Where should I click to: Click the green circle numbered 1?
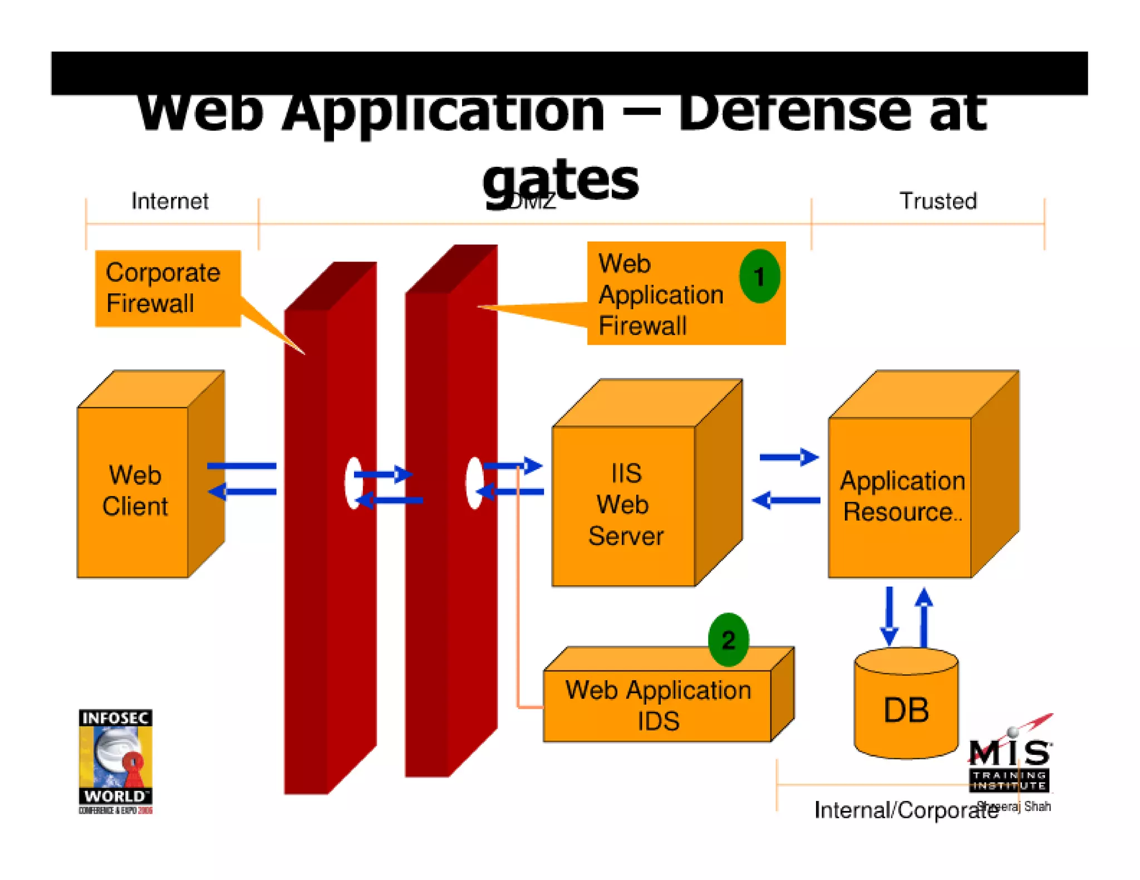coord(759,276)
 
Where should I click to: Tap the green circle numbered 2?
coord(728,640)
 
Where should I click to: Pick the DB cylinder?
coord(906,709)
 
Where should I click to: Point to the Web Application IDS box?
coord(658,705)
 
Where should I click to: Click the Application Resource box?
coord(901,496)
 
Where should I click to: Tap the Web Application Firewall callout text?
coord(661,294)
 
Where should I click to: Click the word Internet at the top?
coord(170,201)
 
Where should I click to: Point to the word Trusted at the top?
coord(938,201)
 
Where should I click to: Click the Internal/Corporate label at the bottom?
coord(906,810)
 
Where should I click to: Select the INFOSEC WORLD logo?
coord(115,761)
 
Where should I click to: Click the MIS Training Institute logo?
coord(1010,762)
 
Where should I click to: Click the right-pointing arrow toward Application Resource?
coord(789,457)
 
